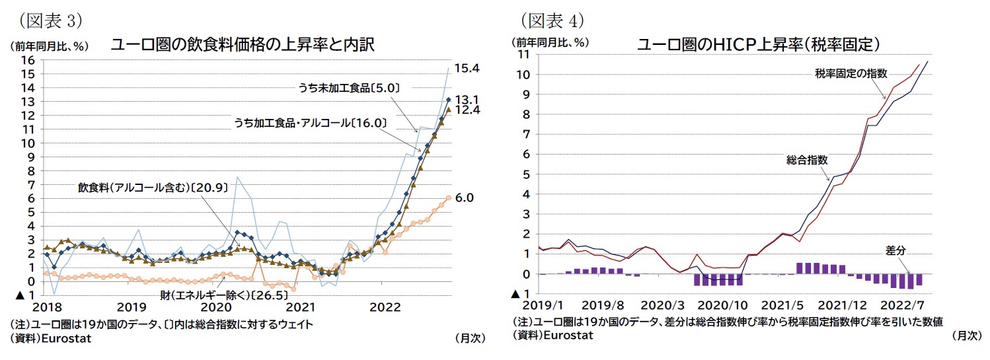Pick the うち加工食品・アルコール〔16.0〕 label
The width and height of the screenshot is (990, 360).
[310, 122]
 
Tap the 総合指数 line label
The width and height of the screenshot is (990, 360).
[807, 160]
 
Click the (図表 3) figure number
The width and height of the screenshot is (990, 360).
[50, 20]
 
